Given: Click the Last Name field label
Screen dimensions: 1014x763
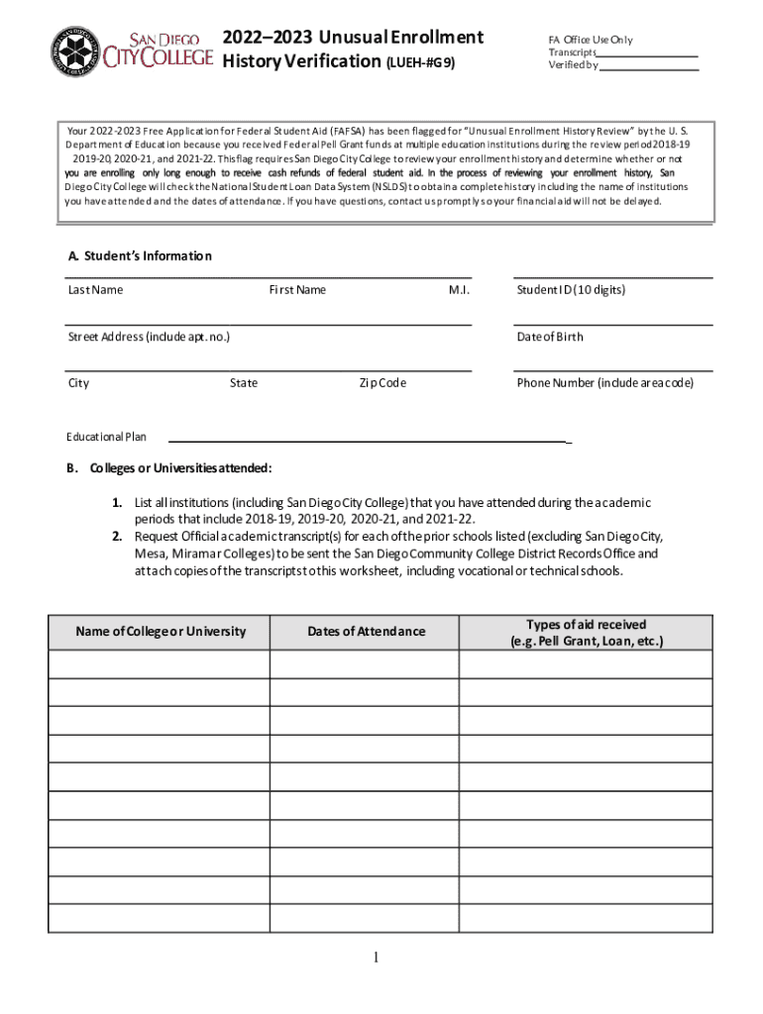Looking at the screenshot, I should point(95,290).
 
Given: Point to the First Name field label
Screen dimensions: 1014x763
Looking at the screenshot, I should point(297,290).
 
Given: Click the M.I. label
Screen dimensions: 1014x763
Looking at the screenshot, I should point(459,290).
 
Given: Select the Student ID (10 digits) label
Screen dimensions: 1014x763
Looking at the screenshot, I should point(571,290).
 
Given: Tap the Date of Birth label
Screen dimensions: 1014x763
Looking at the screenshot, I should point(550,337).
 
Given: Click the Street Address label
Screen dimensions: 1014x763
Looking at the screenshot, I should point(149,337).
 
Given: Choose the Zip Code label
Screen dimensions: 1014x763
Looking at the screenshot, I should point(382,383).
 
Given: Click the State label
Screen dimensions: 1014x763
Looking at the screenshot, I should point(244,383).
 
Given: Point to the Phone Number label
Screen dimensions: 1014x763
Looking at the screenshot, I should point(604,383).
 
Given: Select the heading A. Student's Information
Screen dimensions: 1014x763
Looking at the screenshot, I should point(140,256).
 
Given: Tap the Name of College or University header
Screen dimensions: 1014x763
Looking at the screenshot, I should point(160,632).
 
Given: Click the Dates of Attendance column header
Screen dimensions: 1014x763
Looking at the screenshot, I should point(366,632).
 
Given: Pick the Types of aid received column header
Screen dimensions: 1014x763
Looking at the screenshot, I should point(586,633).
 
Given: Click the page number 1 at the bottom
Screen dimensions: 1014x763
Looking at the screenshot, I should point(377,959).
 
